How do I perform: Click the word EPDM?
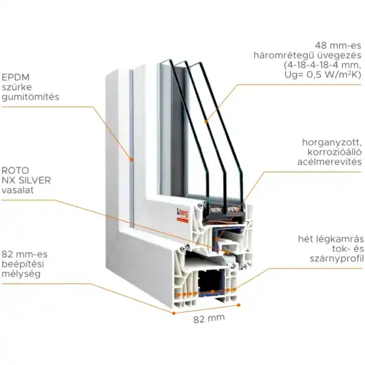tap(15, 77)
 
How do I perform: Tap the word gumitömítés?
tap(30, 97)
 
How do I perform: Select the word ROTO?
tap(15, 170)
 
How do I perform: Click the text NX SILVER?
tap(26, 180)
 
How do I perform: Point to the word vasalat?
tap(17, 190)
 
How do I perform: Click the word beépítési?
tap(23, 264)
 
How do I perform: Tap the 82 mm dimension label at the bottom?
tap(209, 318)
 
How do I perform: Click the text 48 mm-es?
tap(338, 45)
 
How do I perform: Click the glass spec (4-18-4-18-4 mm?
tap(322, 65)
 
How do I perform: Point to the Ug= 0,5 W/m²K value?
tap(323, 74)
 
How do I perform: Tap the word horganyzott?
tap(332, 142)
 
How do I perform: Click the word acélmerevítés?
tap(329, 162)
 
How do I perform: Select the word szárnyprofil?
tap(337, 258)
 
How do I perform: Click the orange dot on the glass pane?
tap(207, 122)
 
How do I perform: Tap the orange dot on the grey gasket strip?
tap(131, 159)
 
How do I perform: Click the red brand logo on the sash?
tap(182, 215)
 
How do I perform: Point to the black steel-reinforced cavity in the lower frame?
tap(212, 281)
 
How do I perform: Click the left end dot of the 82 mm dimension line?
tap(174, 313)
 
